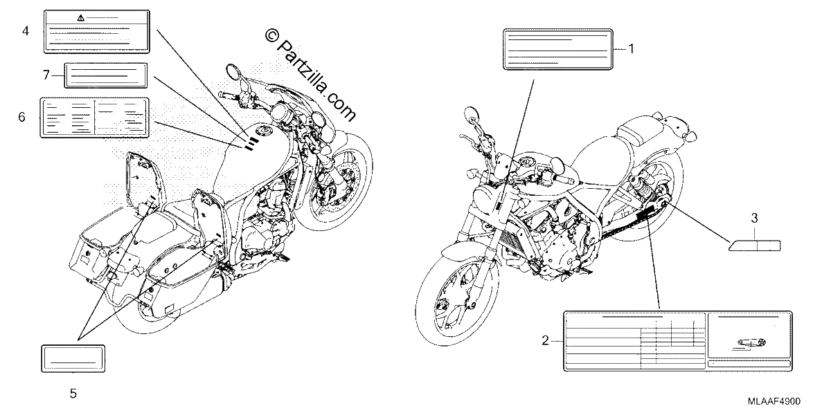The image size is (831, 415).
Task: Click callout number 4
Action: (x=25, y=30)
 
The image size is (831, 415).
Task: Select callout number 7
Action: (x=46, y=75)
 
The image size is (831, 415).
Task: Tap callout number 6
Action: (x=22, y=117)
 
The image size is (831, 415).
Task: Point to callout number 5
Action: (x=73, y=393)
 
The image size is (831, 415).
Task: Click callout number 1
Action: (x=631, y=48)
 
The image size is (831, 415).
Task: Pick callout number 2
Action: (x=545, y=340)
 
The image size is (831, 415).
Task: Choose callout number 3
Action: (x=754, y=218)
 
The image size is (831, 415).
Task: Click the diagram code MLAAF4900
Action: (x=774, y=401)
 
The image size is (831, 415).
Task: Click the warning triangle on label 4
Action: (x=80, y=18)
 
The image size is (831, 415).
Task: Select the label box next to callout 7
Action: (x=106, y=75)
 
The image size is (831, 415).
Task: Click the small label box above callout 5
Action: (x=73, y=358)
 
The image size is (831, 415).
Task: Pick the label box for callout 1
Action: (x=557, y=49)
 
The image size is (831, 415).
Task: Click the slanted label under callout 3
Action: (x=755, y=246)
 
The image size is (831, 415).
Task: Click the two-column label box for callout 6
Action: (x=94, y=118)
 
